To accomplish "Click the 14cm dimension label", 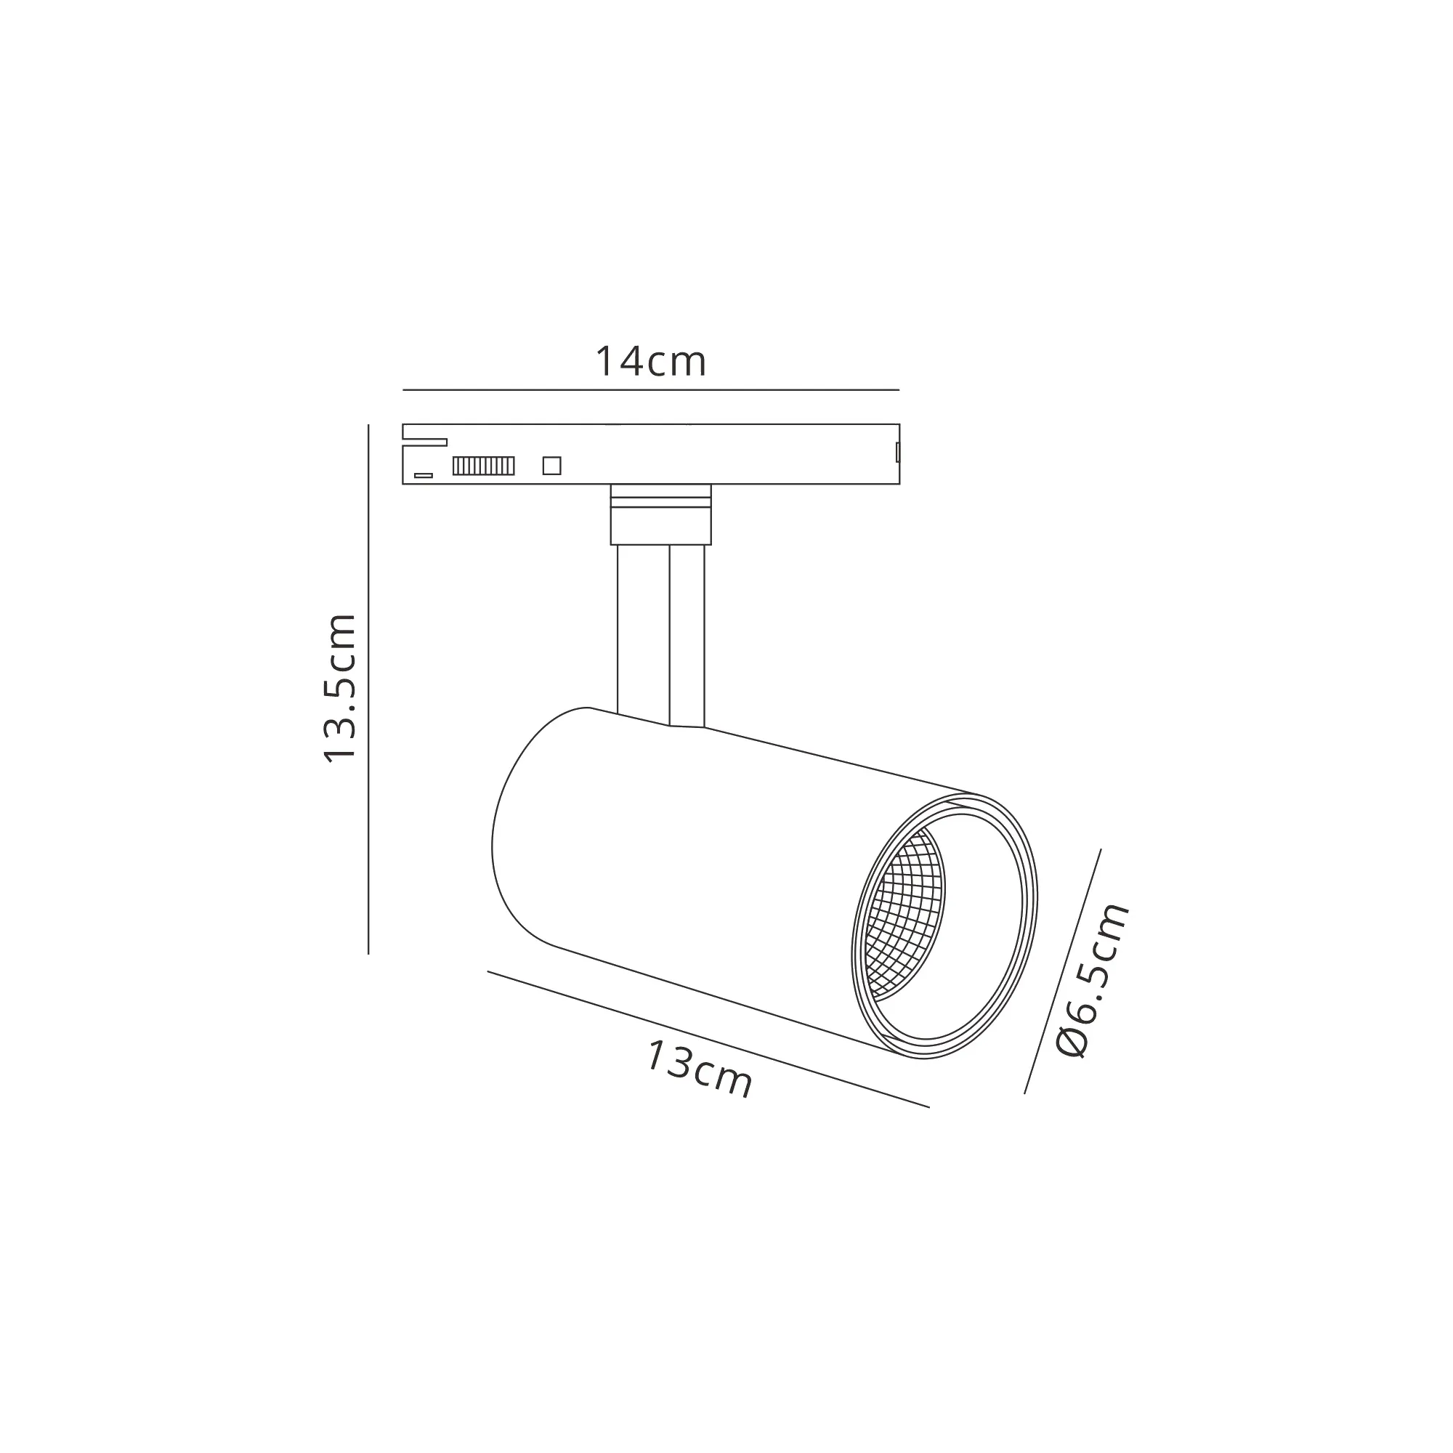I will (650, 362).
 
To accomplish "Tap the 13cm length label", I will (699, 1069).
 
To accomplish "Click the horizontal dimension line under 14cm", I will (650, 389).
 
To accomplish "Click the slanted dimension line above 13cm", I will (707, 1039).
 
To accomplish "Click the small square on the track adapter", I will (551, 466).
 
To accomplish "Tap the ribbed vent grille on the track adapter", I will (484, 466).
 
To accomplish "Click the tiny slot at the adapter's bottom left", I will (424, 475).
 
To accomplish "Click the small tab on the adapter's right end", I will (897, 452).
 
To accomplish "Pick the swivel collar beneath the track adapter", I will (660, 514).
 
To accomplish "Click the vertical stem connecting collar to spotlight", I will (643, 632).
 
